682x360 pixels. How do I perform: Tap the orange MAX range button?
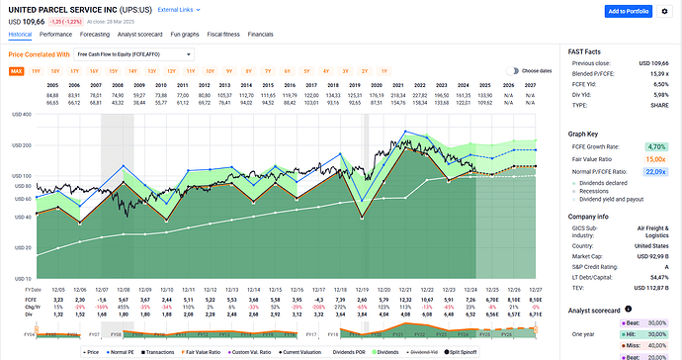[x=17, y=71]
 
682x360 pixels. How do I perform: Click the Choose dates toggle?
[x=514, y=71]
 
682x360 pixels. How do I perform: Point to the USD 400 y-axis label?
[x=20, y=115]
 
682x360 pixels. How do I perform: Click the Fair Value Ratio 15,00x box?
[x=654, y=157]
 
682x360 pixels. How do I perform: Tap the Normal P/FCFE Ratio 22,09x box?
[x=654, y=170]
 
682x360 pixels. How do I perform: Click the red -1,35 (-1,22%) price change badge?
[x=66, y=20]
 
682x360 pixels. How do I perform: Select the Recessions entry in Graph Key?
[x=601, y=190]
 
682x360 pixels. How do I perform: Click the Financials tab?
[x=261, y=33]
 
